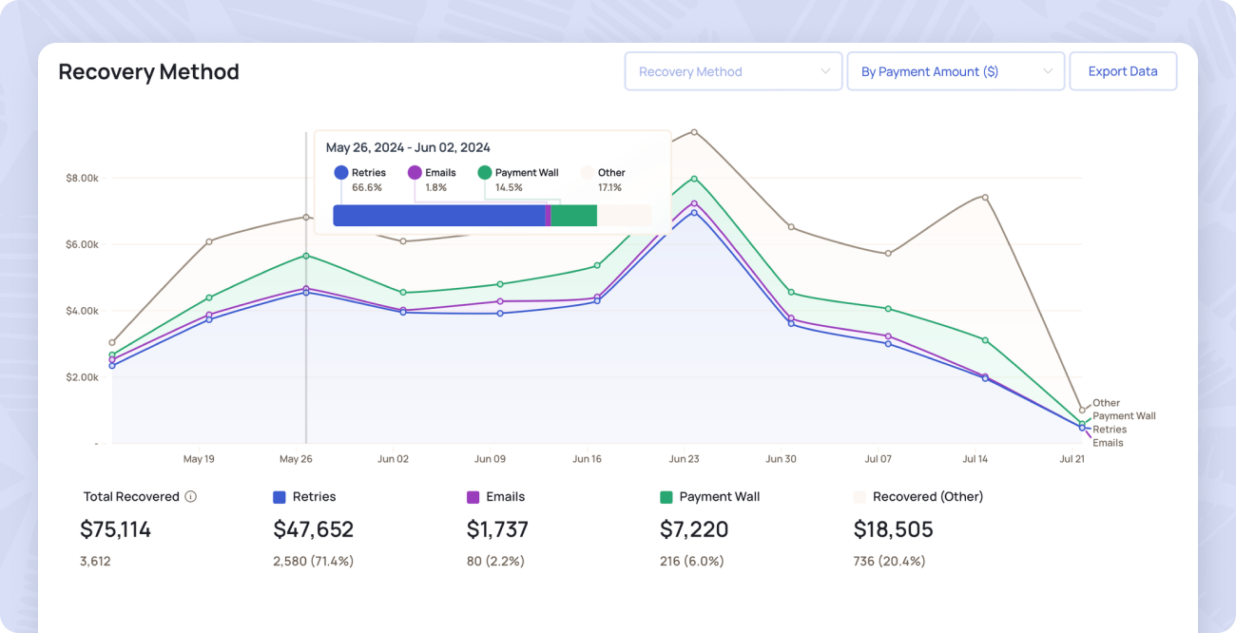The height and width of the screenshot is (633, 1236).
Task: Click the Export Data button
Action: (1123, 71)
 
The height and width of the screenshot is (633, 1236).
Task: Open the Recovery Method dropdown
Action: (733, 71)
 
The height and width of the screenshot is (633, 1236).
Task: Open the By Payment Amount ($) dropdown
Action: (956, 71)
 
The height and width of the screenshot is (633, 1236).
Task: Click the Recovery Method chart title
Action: (148, 71)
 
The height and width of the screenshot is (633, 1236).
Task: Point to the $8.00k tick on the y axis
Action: (82, 178)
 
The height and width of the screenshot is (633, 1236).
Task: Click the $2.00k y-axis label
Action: (82, 376)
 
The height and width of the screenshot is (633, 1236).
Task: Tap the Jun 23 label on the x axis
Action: (684, 459)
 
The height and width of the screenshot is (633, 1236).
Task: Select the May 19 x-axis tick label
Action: (199, 459)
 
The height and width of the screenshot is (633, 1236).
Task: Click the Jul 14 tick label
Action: (975, 459)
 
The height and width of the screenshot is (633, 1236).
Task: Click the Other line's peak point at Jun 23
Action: (694, 132)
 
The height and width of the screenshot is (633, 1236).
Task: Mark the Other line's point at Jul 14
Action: (985, 197)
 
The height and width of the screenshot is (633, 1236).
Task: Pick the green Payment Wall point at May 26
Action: (306, 256)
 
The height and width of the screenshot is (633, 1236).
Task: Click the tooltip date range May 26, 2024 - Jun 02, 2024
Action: (408, 147)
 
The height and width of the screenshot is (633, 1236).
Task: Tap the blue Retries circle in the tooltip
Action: (341, 173)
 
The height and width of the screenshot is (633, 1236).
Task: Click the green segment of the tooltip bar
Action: (573, 216)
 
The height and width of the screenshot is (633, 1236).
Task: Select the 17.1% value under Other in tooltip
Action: (609, 188)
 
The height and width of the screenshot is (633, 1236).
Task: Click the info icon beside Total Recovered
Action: (190, 496)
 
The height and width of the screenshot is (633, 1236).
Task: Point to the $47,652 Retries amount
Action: (313, 529)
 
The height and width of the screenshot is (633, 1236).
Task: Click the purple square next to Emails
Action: (473, 496)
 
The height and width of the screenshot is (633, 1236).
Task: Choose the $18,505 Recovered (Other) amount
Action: (893, 529)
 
